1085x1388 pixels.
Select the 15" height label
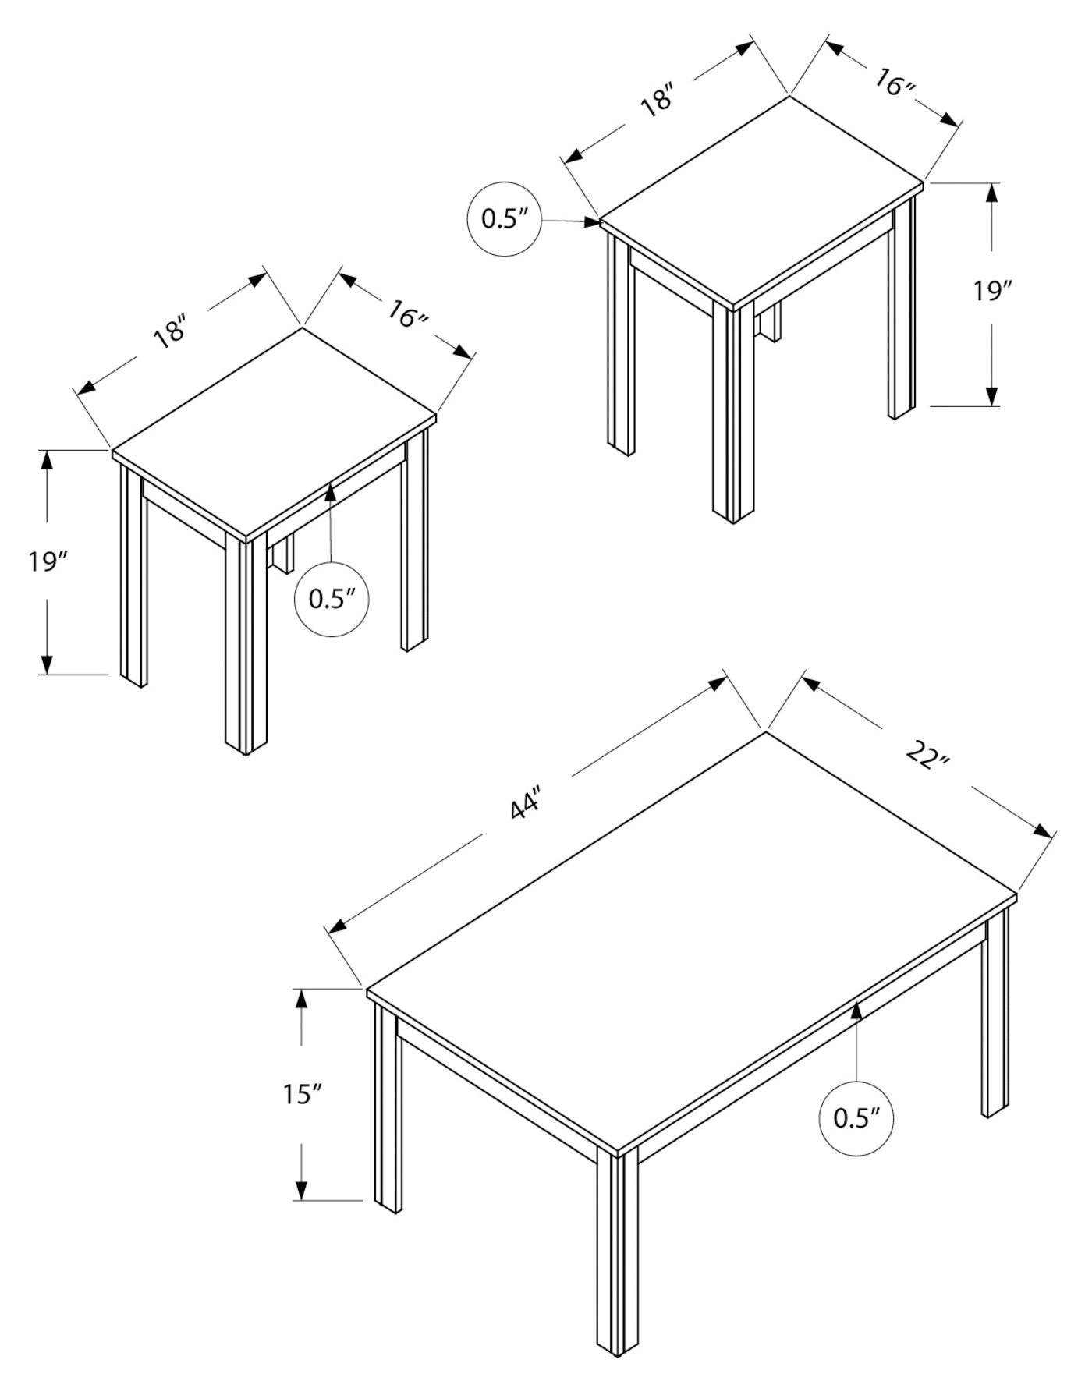pyautogui.click(x=303, y=1095)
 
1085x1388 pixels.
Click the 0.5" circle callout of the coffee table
pyautogui.click(x=856, y=1119)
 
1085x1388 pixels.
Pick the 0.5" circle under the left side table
pyautogui.click(x=332, y=599)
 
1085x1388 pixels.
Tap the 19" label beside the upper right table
pyautogui.click(x=991, y=291)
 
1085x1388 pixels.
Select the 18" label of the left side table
pyautogui.click(x=171, y=329)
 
